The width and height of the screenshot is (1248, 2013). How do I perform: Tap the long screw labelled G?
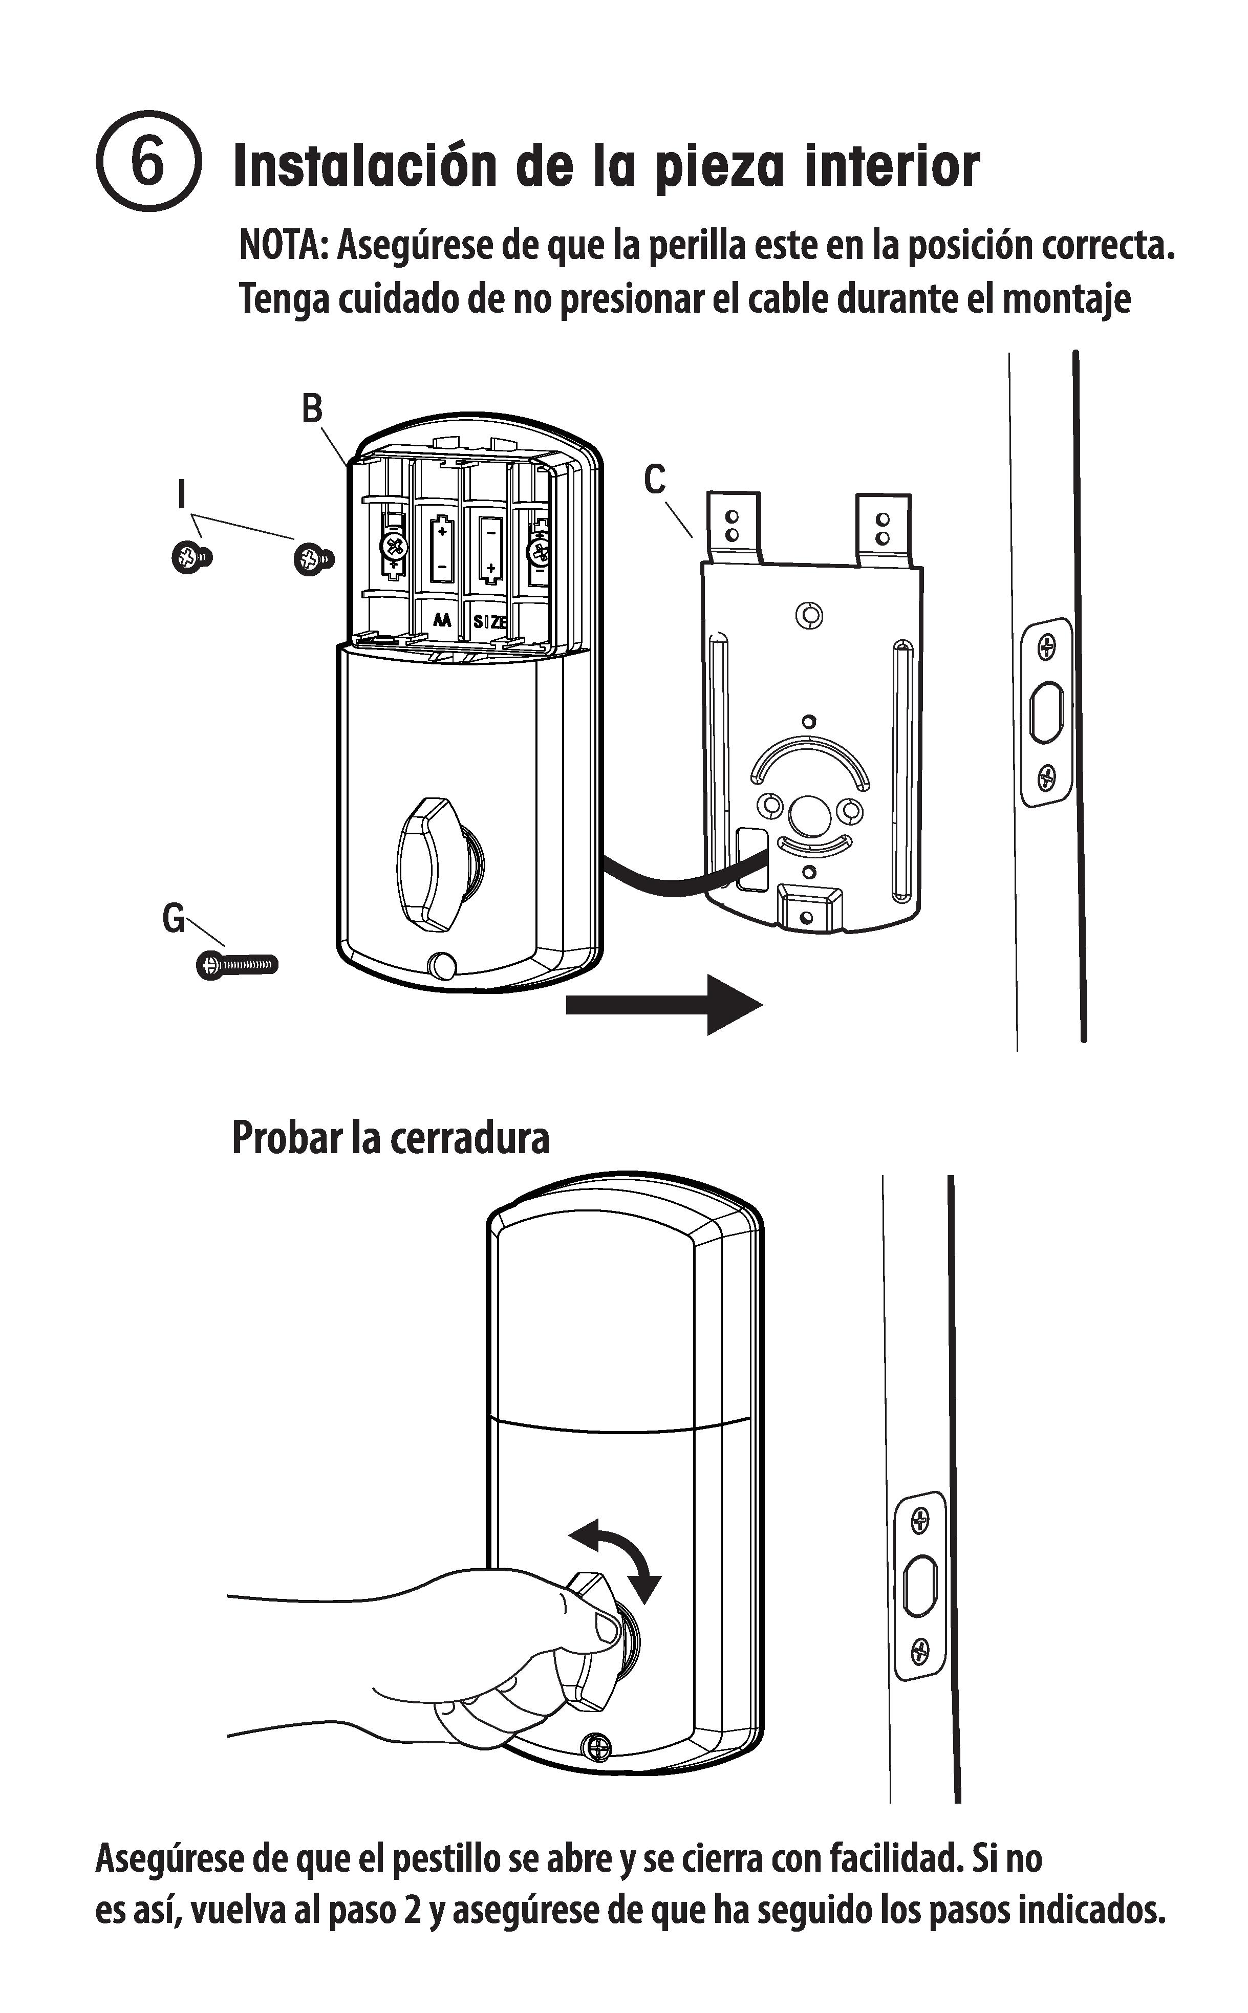click(238, 964)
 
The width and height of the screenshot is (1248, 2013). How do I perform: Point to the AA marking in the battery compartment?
click(442, 620)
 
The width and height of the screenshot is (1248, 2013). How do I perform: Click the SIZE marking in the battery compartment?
click(489, 621)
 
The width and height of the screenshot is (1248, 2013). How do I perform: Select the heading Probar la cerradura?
click(391, 1137)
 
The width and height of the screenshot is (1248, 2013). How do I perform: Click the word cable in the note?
click(788, 299)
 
